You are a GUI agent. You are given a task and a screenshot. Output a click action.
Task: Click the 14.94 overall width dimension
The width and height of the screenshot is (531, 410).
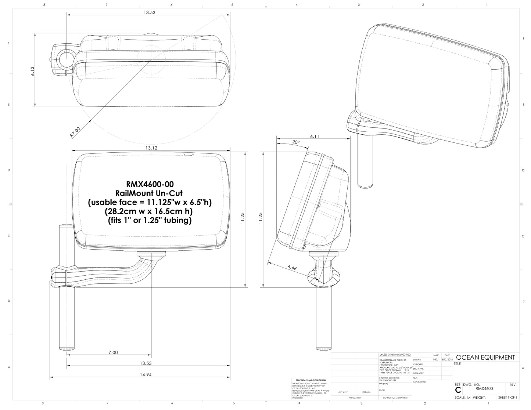tap(140, 375)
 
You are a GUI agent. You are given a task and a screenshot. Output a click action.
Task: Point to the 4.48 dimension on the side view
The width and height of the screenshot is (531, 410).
tap(292, 268)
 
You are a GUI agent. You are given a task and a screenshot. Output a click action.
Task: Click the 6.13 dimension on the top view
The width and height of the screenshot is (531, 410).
tap(33, 71)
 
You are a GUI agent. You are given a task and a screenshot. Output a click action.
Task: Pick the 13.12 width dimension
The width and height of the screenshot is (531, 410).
tap(151, 148)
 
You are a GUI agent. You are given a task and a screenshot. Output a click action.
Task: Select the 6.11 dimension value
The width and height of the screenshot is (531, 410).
tap(315, 136)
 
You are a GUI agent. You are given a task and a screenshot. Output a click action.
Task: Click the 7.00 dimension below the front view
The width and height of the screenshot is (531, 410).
tap(113, 352)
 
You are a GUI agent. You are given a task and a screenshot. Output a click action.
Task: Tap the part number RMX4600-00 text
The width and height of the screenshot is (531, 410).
tap(150, 184)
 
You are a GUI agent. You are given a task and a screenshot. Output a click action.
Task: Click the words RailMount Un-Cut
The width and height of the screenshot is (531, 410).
tap(150, 193)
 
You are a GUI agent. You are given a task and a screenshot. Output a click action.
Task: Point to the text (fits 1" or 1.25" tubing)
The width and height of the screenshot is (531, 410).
tap(150, 221)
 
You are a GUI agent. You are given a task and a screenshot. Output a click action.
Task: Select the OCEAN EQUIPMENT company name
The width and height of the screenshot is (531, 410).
tap(485, 357)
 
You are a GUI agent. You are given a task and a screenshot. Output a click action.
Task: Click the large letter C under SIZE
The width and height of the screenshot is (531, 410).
tap(458, 390)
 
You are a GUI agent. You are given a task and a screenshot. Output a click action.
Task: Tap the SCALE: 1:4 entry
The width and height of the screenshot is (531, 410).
tap(463, 398)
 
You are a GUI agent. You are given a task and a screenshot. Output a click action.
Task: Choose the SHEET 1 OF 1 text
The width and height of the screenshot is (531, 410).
tap(507, 398)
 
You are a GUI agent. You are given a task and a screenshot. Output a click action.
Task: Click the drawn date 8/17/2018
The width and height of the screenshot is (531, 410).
tap(447, 360)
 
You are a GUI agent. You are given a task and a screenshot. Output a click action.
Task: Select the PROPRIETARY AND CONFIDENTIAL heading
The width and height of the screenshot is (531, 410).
tap(311, 380)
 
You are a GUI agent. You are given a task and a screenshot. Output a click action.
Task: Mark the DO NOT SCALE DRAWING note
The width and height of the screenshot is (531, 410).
tap(395, 398)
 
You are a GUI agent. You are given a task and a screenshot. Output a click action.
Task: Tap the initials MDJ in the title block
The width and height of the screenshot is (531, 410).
tap(436, 360)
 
